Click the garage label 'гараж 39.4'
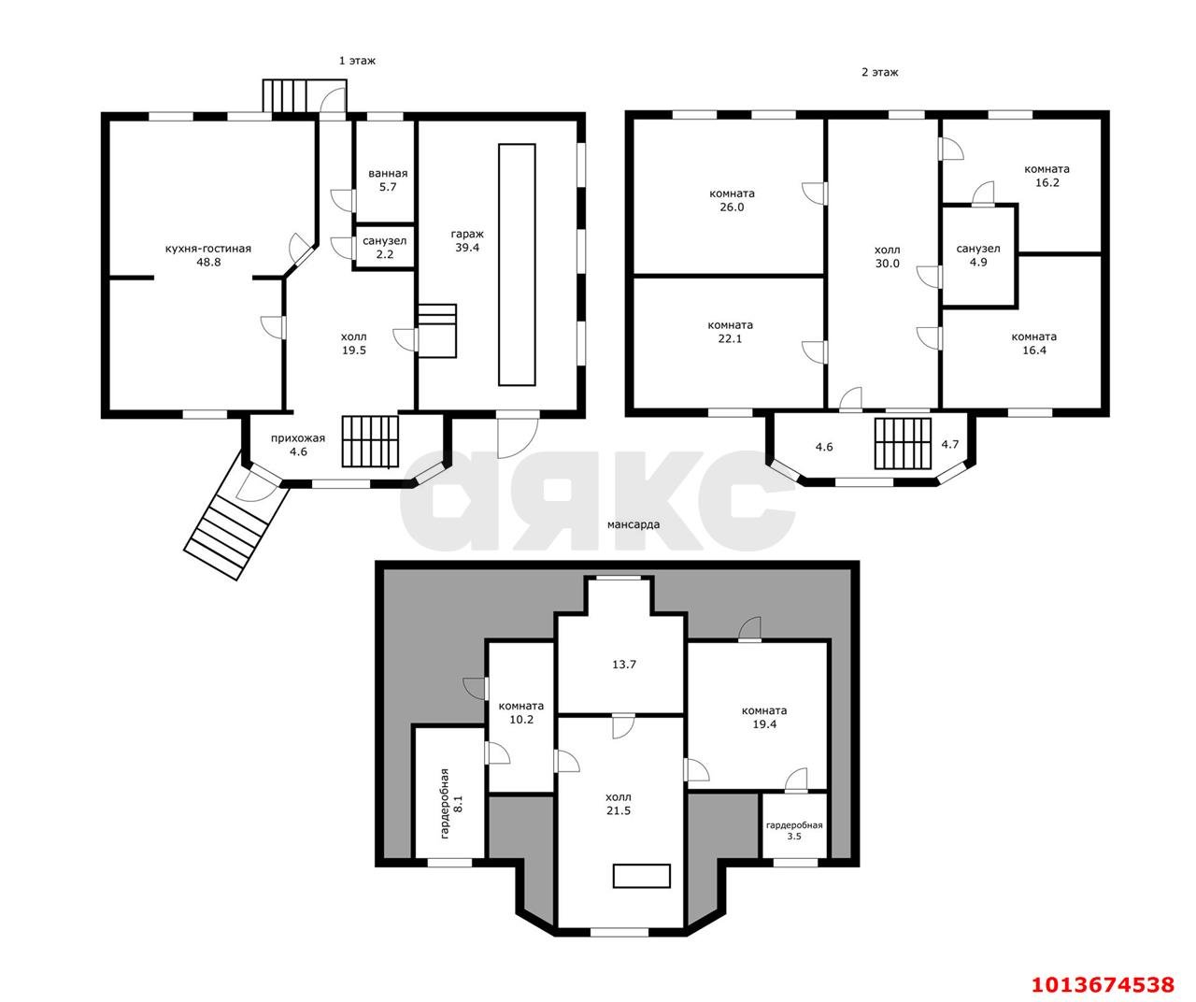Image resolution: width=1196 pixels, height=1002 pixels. (x=463, y=241)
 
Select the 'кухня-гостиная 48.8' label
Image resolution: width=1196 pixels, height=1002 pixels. (x=207, y=256)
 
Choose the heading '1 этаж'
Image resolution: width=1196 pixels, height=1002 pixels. (x=357, y=60)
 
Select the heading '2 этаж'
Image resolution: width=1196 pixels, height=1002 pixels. (x=879, y=72)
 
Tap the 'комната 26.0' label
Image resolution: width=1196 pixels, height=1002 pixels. (x=732, y=200)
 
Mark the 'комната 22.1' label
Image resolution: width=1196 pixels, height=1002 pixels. (x=730, y=332)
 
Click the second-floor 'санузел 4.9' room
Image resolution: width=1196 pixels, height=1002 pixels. (x=977, y=255)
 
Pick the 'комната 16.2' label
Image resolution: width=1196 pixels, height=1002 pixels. (x=1046, y=176)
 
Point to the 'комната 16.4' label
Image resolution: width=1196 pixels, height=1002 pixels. (x=1033, y=343)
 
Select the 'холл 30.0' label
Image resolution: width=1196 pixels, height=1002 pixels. (x=887, y=257)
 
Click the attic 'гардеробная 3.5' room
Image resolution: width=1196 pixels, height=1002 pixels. (x=793, y=830)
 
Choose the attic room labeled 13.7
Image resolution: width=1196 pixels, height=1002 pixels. (x=624, y=665)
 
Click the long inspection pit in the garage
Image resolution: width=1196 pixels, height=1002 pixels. (x=517, y=265)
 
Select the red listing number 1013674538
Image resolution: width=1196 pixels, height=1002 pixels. (x=1102, y=983)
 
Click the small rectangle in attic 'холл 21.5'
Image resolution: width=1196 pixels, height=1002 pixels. (x=641, y=876)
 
